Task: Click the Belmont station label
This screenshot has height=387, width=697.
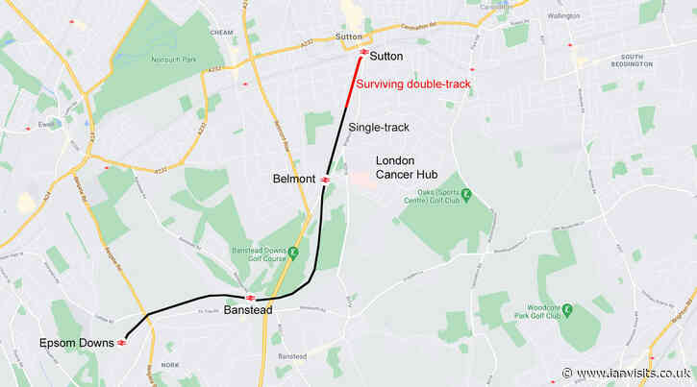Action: click(x=294, y=179)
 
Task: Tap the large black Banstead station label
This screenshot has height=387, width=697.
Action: click(x=248, y=310)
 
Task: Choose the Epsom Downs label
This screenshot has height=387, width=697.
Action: click(x=77, y=343)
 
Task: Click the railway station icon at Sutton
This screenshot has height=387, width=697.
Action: click(x=363, y=52)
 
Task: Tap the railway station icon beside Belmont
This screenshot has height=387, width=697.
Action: click(x=326, y=179)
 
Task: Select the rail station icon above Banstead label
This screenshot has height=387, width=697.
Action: click(x=250, y=298)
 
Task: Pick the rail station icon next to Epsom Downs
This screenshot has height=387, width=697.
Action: click(x=122, y=342)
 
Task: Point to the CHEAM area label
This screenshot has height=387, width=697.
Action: click(x=221, y=32)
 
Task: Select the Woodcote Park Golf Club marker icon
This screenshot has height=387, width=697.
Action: click(x=567, y=310)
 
